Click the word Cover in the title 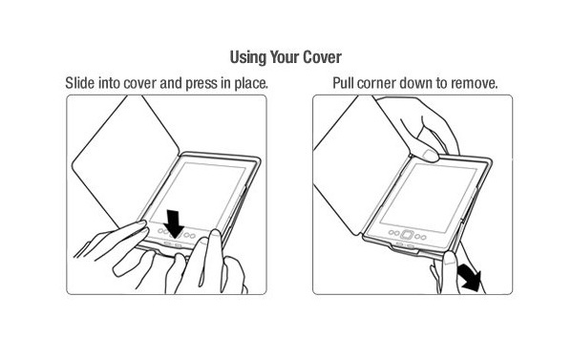325,55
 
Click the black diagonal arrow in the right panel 467,278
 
